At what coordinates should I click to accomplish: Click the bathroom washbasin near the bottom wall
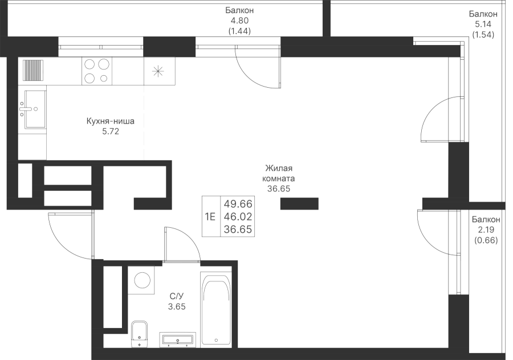[179, 339]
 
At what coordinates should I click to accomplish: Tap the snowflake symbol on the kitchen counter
[158, 71]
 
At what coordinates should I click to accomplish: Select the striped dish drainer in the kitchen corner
[32, 71]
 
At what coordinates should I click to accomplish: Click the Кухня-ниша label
[110, 126]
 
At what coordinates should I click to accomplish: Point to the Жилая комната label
[279, 178]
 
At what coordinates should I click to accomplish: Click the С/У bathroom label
[177, 301]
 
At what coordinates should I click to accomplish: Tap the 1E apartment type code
[210, 216]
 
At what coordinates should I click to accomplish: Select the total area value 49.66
[239, 203]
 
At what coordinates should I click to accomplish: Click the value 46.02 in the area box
[239, 216]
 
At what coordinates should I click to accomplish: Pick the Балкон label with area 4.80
[239, 21]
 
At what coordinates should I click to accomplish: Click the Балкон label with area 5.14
[483, 23]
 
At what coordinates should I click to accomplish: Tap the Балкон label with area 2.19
[486, 230]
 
